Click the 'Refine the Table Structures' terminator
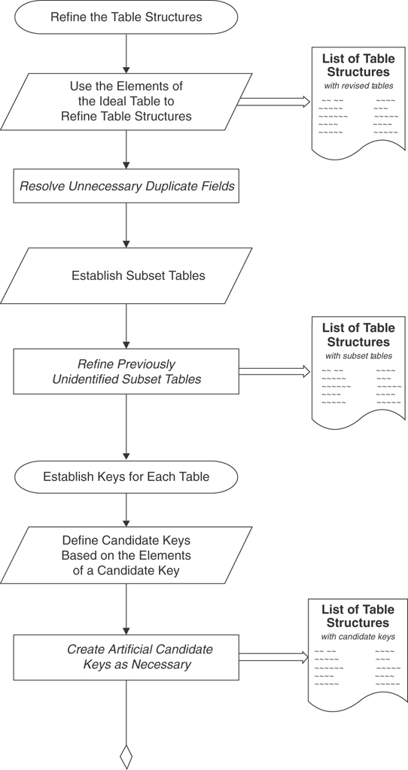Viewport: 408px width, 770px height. pyautogui.click(x=126, y=17)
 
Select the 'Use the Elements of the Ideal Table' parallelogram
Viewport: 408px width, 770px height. pyautogui.click(x=126, y=102)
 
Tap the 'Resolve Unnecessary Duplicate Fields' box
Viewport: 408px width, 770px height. pyautogui.click(x=126, y=186)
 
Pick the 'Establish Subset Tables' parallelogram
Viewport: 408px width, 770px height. pyautogui.click(x=126, y=275)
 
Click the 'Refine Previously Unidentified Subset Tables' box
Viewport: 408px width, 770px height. pyautogui.click(x=126, y=372)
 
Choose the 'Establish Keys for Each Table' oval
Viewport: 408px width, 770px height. pyautogui.click(x=126, y=476)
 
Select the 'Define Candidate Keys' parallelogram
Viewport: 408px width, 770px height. pyautogui.click(x=126, y=555)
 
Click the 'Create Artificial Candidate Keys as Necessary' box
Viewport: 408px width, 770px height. pyautogui.click(x=126, y=657)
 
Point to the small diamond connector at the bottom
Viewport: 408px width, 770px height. pyautogui.click(x=126, y=756)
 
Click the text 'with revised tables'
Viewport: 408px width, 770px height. pyautogui.click(x=358, y=86)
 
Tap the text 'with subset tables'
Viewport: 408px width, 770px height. pyautogui.click(x=358, y=355)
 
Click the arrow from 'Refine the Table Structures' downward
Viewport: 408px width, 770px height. pyautogui.click(x=126, y=53)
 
